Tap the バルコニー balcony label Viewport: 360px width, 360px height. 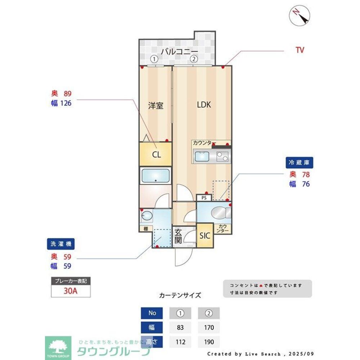click(x=179, y=51)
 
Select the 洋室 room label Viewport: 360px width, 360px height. click(x=156, y=105)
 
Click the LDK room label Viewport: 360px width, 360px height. click(x=204, y=105)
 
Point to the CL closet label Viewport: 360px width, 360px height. click(x=156, y=155)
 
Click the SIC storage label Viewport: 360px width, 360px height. click(x=205, y=236)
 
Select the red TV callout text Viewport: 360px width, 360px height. click(x=300, y=50)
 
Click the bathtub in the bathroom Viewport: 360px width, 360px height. click(x=156, y=176)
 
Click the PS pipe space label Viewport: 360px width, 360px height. click(x=204, y=198)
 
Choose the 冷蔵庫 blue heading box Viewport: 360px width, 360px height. click(x=299, y=162)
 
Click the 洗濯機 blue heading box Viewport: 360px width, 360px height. click(x=60, y=244)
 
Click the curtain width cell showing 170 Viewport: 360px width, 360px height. click(x=208, y=328)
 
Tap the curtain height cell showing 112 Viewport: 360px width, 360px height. click(x=180, y=342)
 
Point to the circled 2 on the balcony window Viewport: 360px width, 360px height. click(x=194, y=59)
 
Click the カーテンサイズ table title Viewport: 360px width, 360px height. click(x=180, y=296)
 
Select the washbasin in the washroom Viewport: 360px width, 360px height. click(x=147, y=216)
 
